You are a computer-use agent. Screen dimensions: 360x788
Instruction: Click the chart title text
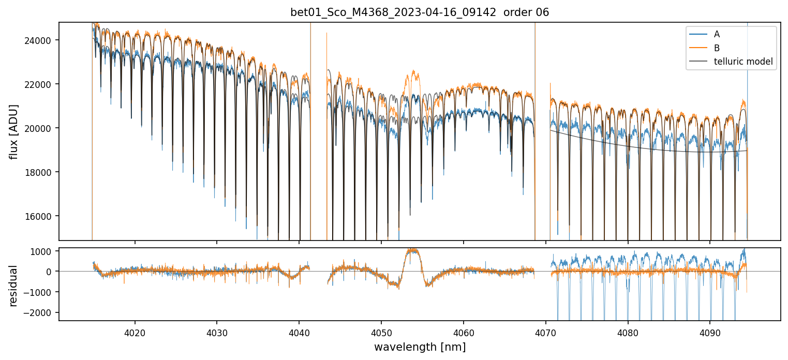[x=420, y=12]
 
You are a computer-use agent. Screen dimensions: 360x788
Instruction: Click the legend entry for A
[x=716, y=34]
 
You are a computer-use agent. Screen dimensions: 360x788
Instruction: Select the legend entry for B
[x=716, y=48]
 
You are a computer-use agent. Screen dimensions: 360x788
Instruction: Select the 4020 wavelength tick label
[x=135, y=332]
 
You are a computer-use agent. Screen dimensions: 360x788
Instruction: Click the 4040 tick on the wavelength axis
[x=299, y=332]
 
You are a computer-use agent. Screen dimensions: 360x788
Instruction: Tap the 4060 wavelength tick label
[x=463, y=332]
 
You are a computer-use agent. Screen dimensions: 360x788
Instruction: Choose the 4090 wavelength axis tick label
[x=709, y=332]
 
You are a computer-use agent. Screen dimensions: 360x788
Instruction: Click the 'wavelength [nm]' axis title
[x=420, y=347]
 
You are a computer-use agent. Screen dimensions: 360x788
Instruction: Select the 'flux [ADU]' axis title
[x=15, y=131]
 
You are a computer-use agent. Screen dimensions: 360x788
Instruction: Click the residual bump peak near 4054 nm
[x=413, y=250]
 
